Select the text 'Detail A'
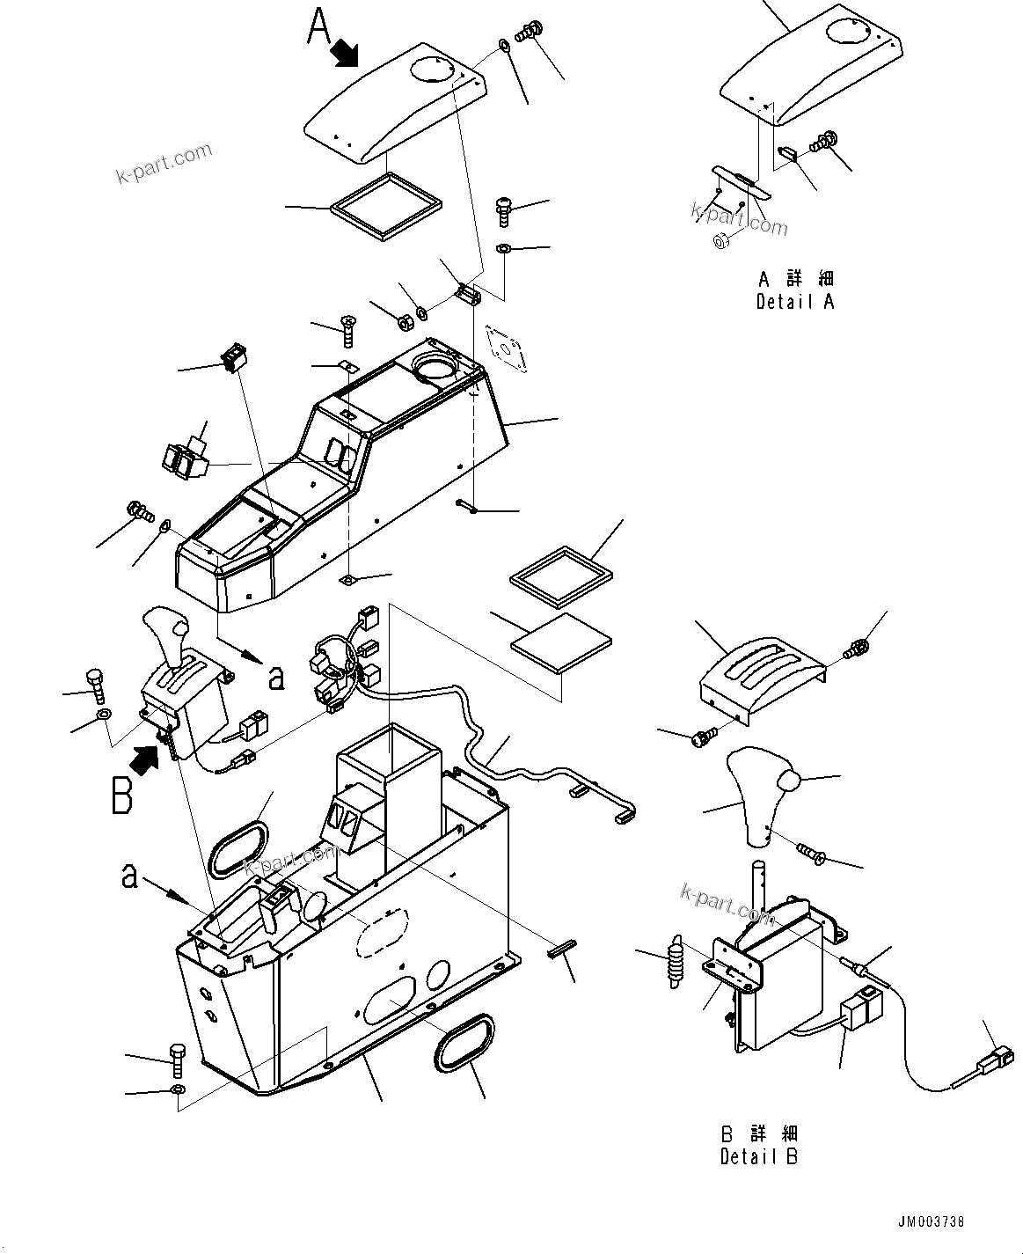coord(794,302)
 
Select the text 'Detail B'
coord(758,1156)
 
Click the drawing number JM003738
coord(932,1222)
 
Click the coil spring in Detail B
coord(676,961)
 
